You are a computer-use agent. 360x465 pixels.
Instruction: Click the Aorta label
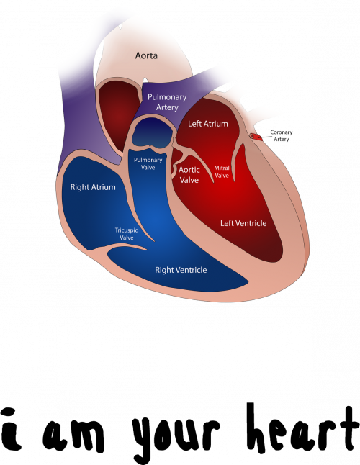146,55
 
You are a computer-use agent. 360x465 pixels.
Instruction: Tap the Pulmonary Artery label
167,102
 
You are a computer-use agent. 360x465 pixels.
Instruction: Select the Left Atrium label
208,124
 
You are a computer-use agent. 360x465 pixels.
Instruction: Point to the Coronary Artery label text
281,135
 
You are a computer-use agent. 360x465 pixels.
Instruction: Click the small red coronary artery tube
256,137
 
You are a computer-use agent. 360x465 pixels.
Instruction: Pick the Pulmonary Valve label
148,163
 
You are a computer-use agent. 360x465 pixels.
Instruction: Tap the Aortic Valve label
189,175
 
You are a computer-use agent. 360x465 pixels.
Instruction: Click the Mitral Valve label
222,172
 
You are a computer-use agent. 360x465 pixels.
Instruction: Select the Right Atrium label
93,187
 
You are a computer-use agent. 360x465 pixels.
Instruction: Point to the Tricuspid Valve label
127,234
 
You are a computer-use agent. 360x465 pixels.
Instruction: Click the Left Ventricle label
243,223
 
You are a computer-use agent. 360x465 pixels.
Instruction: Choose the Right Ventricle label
181,270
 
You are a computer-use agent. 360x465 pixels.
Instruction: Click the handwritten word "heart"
302,430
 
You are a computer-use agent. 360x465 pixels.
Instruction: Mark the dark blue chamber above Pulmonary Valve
152,132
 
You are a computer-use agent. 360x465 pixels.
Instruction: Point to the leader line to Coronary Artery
266,137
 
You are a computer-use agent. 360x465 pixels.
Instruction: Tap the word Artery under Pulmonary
167,107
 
